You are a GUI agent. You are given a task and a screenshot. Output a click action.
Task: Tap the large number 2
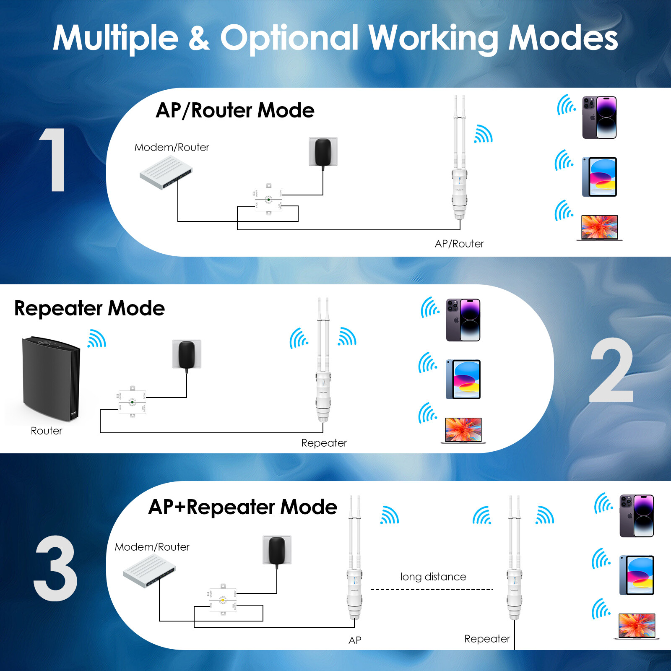(611, 370)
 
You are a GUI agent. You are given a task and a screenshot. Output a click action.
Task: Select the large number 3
(56, 568)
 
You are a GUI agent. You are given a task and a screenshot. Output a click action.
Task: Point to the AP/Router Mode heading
(235, 111)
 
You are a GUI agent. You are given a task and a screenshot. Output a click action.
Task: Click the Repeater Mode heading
(89, 309)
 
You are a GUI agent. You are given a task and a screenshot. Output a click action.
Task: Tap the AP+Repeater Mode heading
(242, 507)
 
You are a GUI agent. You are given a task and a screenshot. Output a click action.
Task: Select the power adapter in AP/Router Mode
(323, 152)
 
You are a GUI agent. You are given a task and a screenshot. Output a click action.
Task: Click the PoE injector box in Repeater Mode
(132, 402)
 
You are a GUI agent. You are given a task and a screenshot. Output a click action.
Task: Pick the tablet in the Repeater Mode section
(463, 379)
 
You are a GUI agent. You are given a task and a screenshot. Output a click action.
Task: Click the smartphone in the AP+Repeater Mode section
(637, 516)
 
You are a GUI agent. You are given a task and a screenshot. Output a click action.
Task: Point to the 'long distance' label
(433, 577)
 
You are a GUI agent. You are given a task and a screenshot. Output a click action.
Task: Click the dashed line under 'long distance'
(432, 590)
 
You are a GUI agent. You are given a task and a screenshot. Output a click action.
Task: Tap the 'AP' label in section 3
(355, 640)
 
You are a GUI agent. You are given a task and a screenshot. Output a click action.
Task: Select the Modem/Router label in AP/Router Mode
(172, 148)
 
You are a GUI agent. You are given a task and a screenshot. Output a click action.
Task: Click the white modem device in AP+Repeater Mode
(149, 570)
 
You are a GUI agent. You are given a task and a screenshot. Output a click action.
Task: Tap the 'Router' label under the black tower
(47, 431)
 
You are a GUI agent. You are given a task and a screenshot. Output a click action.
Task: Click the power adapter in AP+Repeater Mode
(277, 550)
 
